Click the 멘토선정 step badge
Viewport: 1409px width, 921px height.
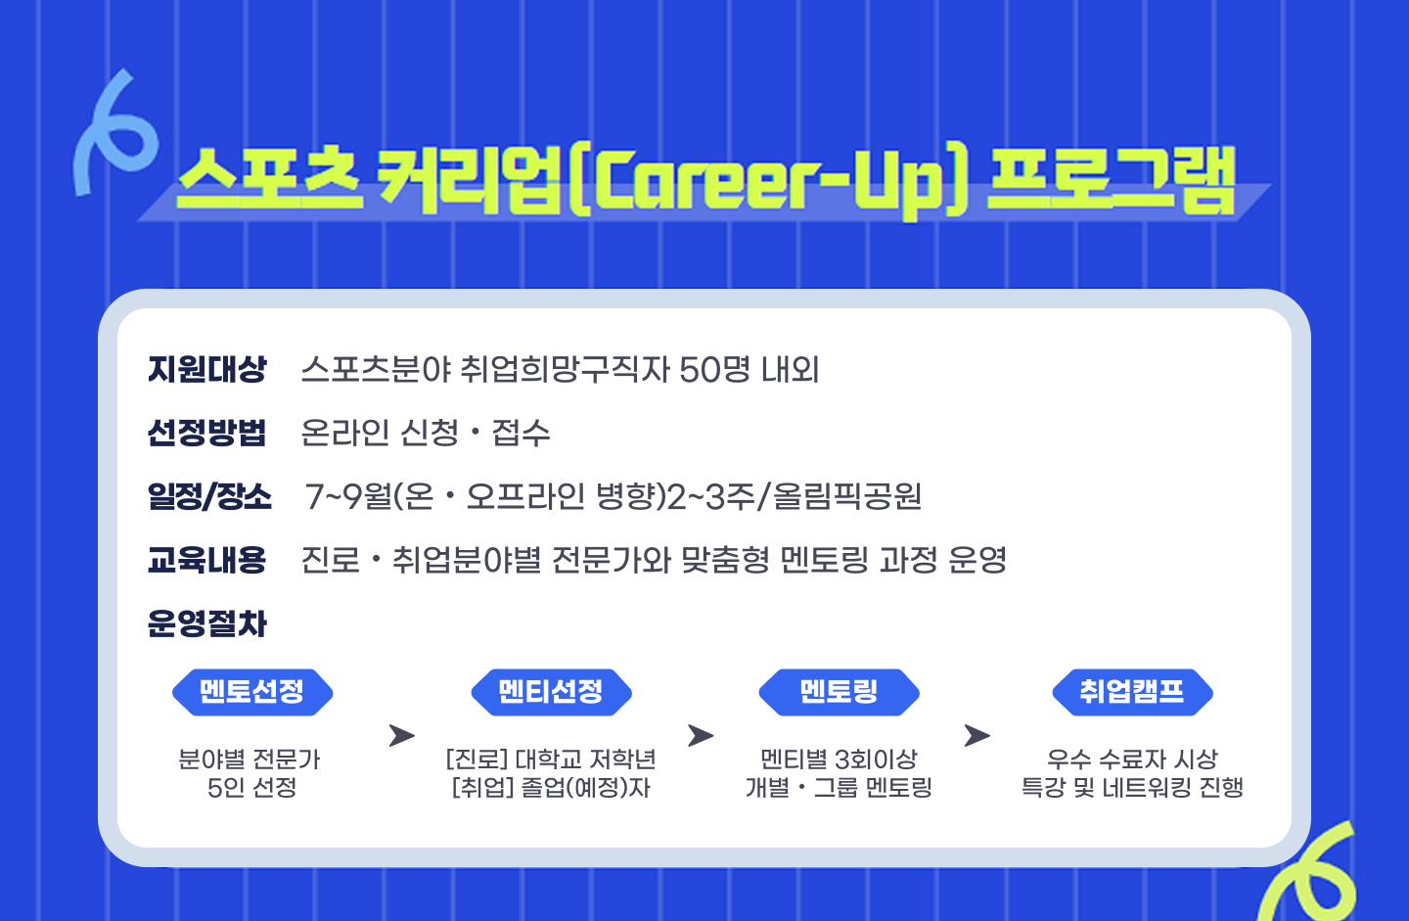[x=252, y=692]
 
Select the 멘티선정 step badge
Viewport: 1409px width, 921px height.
[x=551, y=692]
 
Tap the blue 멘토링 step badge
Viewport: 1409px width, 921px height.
[x=839, y=692]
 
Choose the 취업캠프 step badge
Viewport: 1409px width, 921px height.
[x=1132, y=692]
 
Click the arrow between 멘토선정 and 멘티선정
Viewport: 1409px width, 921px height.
[x=401, y=735]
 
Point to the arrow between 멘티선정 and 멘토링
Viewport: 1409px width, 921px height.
[x=701, y=735]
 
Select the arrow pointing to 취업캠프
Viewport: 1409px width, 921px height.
[x=977, y=735]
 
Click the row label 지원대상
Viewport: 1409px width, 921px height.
[x=207, y=370]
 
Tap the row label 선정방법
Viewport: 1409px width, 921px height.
[x=207, y=433]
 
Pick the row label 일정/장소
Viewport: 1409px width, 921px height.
[x=209, y=496]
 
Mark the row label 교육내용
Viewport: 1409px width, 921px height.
[x=207, y=560]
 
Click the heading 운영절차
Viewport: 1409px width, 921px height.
[x=207, y=623]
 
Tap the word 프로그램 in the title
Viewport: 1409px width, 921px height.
[x=1111, y=181]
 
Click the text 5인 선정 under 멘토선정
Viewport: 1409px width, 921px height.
[x=251, y=788]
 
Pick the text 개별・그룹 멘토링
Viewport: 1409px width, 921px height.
[x=839, y=788]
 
